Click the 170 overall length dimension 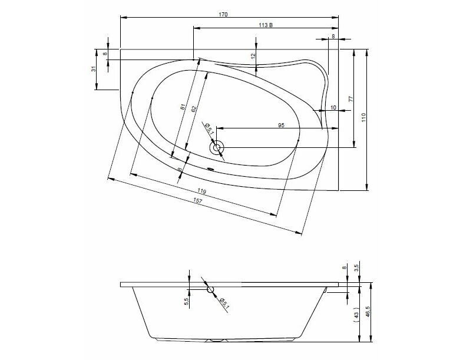click(x=223, y=15)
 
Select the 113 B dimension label click(x=266, y=25)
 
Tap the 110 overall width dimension click(x=363, y=117)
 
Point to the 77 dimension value click(x=351, y=99)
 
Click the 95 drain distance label click(x=281, y=125)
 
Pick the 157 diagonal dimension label click(x=197, y=201)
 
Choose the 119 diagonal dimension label click(x=201, y=191)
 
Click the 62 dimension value click(x=193, y=108)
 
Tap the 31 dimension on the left click(x=93, y=69)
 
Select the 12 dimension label click(x=252, y=55)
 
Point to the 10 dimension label click(x=333, y=108)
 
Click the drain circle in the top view click(x=217, y=147)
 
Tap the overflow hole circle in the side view click(x=210, y=289)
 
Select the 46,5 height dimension click(x=368, y=312)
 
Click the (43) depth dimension click(x=356, y=315)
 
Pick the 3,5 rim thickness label click(x=356, y=268)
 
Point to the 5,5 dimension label click(x=186, y=302)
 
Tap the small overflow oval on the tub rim click(x=210, y=169)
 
